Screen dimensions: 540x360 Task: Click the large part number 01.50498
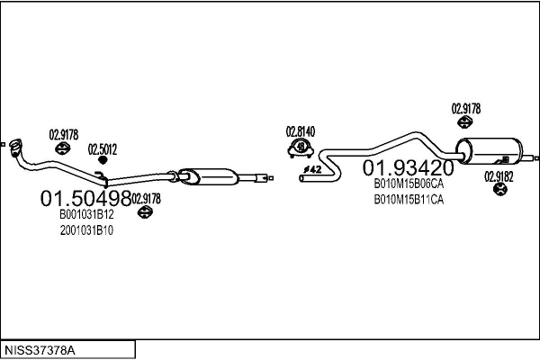point(85,198)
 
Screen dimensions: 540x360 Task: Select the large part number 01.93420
point(409,167)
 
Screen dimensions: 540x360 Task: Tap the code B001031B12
point(86,214)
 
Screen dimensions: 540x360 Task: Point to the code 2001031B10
point(86,230)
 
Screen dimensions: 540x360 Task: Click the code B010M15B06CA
point(409,184)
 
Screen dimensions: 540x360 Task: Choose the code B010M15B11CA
point(409,200)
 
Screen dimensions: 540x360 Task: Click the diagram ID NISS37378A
point(40,351)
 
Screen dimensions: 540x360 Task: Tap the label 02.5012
point(103,149)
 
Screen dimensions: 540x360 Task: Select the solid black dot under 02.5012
point(103,160)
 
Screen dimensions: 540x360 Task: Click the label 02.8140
point(301,131)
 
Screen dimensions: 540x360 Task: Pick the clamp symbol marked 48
point(301,148)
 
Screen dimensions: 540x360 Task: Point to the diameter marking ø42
point(312,169)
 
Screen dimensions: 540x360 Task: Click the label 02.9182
point(499,177)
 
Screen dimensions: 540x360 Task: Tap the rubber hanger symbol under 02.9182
point(499,189)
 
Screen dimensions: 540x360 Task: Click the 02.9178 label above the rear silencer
point(466,109)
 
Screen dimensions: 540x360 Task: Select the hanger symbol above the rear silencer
point(464,122)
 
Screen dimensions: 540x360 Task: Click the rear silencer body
point(489,151)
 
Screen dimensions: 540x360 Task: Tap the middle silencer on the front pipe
point(209,176)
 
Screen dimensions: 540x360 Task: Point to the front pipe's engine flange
point(16,148)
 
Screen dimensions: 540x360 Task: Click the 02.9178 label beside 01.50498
point(146,199)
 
